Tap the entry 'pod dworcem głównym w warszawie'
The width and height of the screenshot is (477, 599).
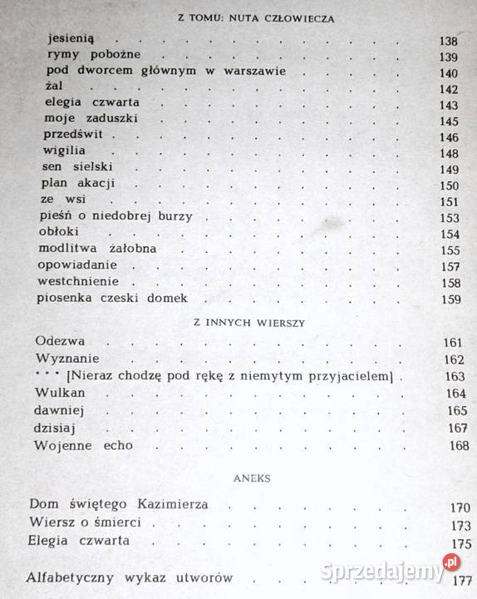click(x=167, y=72)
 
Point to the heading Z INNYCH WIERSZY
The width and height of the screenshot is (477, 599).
click(x=239, y=323)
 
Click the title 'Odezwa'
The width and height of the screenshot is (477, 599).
click(x=62, y=341)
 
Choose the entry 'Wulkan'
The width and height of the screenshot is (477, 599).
click(x=61, y=394)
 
